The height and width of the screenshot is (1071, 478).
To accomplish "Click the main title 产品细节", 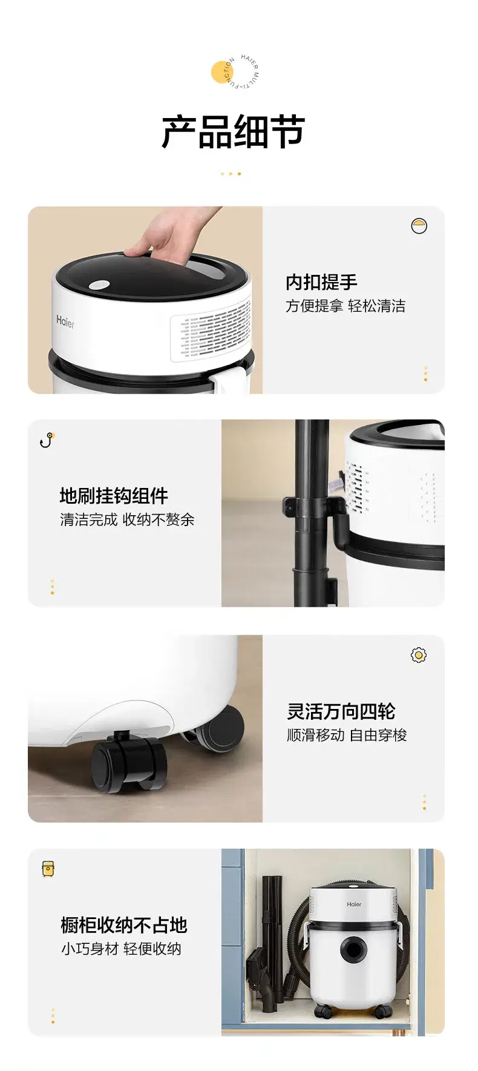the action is (x=233, y=132).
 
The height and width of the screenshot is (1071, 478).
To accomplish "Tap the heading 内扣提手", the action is (x=321, y=282).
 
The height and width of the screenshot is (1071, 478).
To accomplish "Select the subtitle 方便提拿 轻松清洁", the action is (x=345, y=306).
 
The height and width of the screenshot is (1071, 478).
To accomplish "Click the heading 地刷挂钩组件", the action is (x=114, y=496).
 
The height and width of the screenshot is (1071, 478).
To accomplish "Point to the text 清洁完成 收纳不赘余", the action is (x=127, y=520).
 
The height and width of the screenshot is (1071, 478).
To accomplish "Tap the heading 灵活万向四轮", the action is (x=341, y=711).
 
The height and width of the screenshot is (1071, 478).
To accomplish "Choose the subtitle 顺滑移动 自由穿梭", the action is (x=347, y=735).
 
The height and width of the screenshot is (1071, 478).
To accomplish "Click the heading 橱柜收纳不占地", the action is (x=124, y=925).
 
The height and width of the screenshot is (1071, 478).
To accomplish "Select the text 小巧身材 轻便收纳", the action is (x=121, y=949).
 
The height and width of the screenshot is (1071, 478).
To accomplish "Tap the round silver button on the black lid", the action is (x=99, y=285).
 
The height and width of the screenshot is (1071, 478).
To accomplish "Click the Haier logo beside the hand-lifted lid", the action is (x=65, y=322).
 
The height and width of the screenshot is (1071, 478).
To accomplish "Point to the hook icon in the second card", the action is (x=47, y=440).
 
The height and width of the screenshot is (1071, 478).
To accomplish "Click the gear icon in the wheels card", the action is (x=418, y=655).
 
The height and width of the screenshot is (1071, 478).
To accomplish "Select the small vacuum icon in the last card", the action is (x=48, y=869).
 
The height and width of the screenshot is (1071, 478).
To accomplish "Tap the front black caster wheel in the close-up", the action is (x=129, y=762).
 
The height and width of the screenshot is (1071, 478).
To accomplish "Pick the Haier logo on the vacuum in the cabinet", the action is (x=354, y=905).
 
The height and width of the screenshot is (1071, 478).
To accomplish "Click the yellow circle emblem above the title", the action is (x=222, y=71).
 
